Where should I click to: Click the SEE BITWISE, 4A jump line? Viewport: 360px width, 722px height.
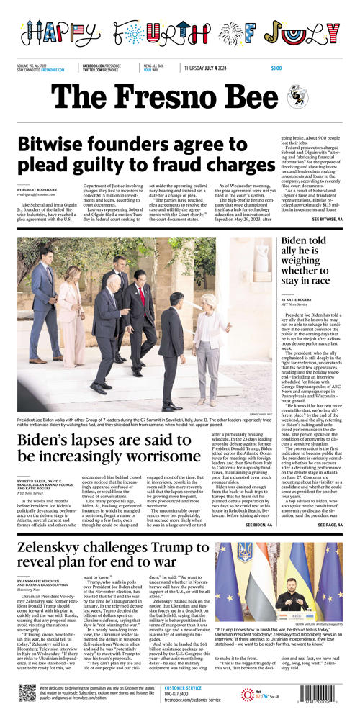(333, 217)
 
